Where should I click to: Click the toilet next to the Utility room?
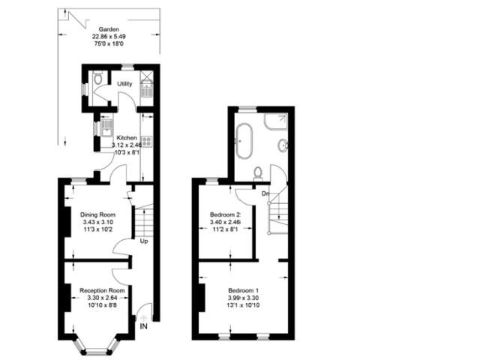99,78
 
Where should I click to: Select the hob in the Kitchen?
146,140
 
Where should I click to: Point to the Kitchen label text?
125,137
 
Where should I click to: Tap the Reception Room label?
102,290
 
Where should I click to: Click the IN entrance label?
142,325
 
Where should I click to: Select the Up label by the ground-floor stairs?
142,241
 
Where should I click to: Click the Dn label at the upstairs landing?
265,193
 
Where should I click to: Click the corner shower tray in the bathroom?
280,118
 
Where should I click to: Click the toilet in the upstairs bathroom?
257,172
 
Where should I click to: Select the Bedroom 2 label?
224,214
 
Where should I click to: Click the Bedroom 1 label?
242,290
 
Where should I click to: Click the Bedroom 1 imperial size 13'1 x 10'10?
242,307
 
